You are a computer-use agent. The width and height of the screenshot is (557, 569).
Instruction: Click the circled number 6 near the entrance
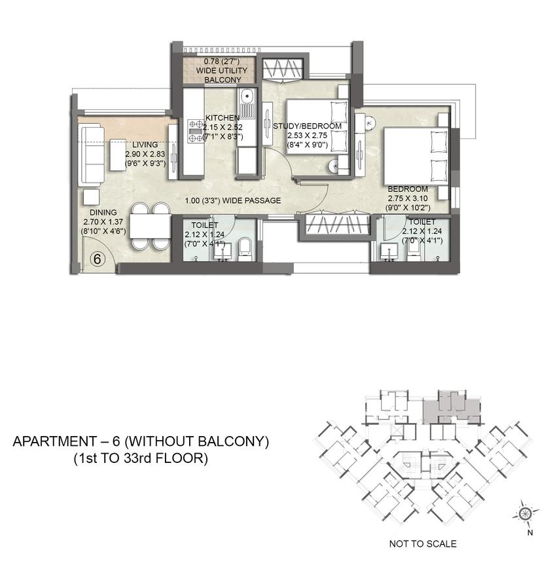tap(97, 259)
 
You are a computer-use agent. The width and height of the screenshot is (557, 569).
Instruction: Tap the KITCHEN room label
tap(223, 118)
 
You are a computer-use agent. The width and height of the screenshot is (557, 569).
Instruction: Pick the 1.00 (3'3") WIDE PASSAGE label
tap(232, 200)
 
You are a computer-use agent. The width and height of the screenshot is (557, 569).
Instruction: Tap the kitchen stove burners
tap(195, 130)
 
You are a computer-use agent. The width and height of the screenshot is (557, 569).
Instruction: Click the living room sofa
tap(91, 155)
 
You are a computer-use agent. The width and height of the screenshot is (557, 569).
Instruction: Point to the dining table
tap(150, 227)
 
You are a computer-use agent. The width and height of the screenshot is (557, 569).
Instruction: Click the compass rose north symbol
tap(526, 513)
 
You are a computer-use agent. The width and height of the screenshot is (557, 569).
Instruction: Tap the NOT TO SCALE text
tap(423, 543)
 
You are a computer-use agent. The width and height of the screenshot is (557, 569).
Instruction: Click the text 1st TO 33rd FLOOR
tap(141, 459)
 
